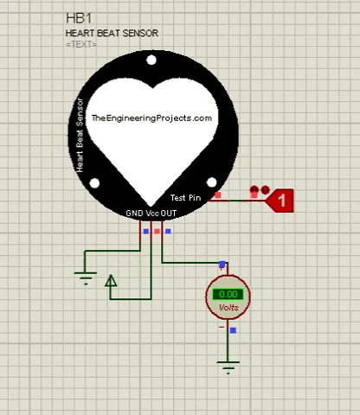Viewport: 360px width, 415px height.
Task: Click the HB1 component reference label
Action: [x=79, y=18]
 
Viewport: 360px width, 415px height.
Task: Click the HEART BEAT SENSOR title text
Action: [x=112, y=34]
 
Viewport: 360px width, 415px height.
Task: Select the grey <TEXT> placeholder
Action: [x=81, y=44]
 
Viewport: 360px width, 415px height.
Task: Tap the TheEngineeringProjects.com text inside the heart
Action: [x=151, y=118]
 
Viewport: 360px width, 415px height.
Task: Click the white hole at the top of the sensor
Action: [x=151, y=60]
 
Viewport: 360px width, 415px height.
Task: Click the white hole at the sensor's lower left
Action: [x=94, y=183]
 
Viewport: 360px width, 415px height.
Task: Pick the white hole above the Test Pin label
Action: [x=211, y=182]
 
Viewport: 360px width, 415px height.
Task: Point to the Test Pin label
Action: [x=185, y=198]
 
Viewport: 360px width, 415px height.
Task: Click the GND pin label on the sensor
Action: [x=134, y=214]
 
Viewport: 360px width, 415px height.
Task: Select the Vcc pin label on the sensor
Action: [x=152, y=214]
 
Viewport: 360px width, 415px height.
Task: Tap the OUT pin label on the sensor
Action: [x=169, y=214]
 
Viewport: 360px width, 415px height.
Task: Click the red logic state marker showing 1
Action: [x=280, y=201]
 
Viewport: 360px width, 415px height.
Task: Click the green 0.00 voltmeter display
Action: [x=228, y=294]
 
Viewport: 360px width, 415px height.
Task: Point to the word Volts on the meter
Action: [x=228, y=308]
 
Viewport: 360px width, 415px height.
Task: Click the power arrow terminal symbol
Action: [x=111, y=281]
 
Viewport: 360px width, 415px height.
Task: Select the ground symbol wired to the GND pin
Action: [x=86, y=278]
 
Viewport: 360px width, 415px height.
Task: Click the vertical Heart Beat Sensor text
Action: [x=80, y=136]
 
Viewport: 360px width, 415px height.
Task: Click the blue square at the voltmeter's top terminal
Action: [x=222, y=264]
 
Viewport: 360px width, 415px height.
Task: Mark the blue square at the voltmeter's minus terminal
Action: [x=233, y=330]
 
